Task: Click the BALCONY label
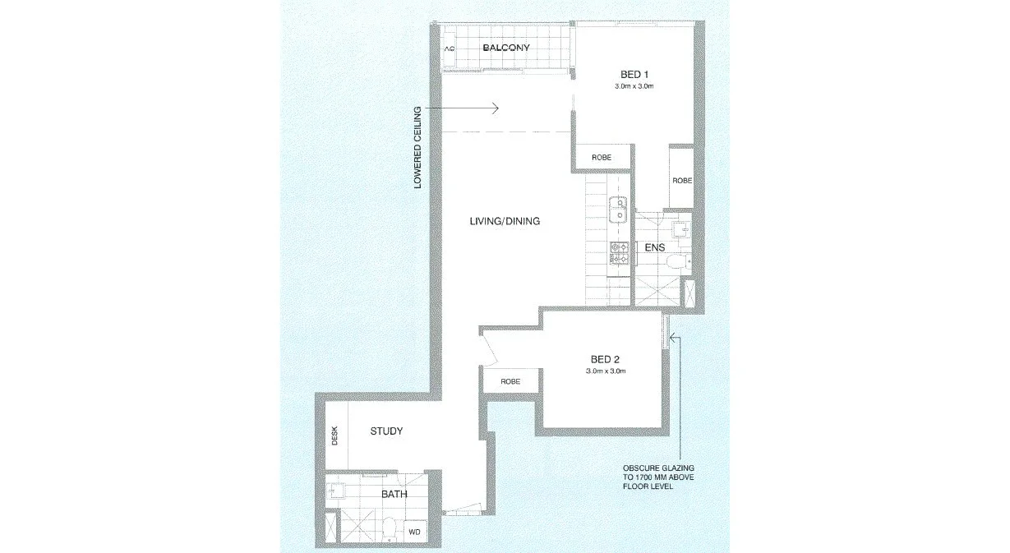pyautogui.click(x=505, y=48)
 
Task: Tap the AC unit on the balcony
pyautogui.click(x=449, y=49)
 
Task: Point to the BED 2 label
pyautogui.click(x=606, y=359)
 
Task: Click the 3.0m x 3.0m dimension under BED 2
pyautogui.click(x=606, y=371)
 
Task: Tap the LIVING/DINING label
pyautogui.click(x=505, y=221)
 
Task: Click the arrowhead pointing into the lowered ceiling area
pyautogui.click(x=495, y=108)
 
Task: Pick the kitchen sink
pyautogui.click(x=617, y=211)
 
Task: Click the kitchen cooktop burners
pyautogui.click(x=617, y=252)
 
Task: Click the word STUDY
pyautogui.click(x=386, y=431)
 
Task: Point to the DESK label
pyautogui.click(x=334, y=435)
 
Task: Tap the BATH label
pyautogui.click(x=394, y=494)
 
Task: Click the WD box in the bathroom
pyautogui.click(x=415, y=532)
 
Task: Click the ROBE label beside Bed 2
pyautogui.click(x=510, y=382)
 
